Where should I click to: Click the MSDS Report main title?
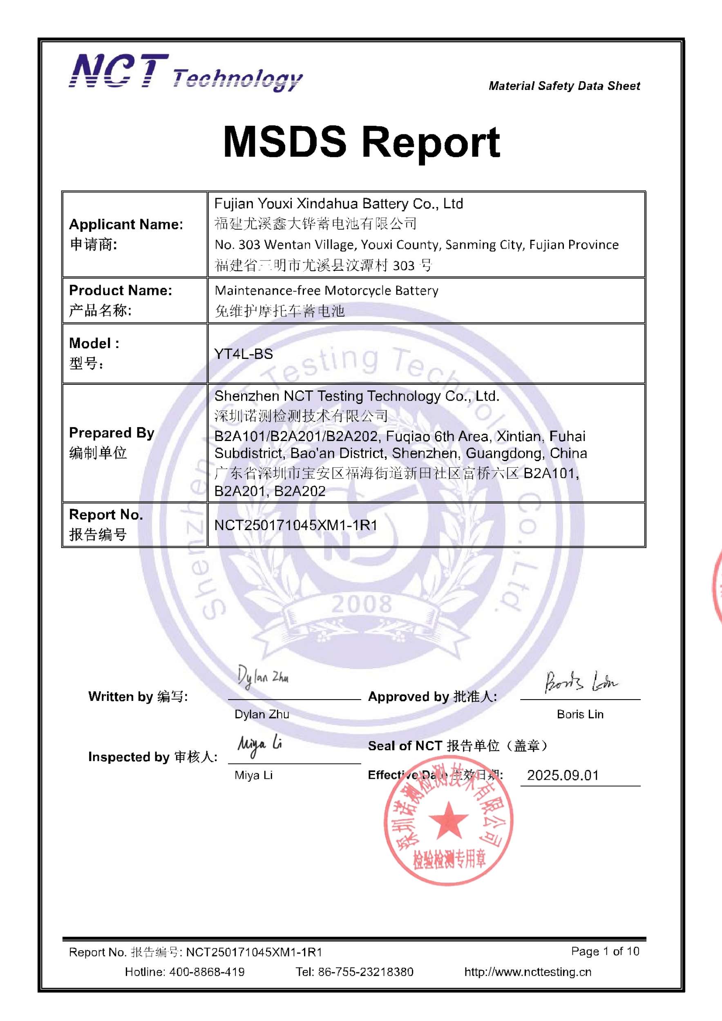[x=361, y=142]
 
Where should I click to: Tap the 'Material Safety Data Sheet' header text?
[x=564, y=86]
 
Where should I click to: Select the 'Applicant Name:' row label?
[x=126, y=224]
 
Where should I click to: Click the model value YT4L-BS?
[x=244, y=354]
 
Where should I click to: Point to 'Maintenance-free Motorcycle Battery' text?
[x=326, y=290]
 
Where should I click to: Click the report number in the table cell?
[x=295, y=525]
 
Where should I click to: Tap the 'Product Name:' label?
[x=121, y=290]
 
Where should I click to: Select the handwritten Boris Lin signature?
[x=581, y=682]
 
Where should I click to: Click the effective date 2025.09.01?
[x=563, y=775]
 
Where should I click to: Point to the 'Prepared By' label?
[x=112, y=432]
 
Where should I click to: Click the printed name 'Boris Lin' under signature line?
[x=580, y=714]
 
